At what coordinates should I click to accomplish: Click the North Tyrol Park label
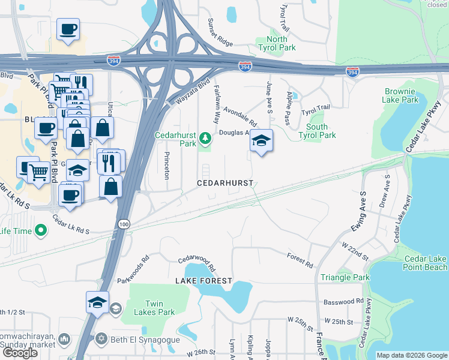pyautogui.click(x=277, y=43)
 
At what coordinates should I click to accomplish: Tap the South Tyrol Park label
pyautogui.click(x=317, y=131)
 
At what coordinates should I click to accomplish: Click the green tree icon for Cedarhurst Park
pyautogui.click(x=206, y=139)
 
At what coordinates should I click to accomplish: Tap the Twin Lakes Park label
pyautogui.click(x=155, y=308)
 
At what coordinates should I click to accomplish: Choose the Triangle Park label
pyautogui.click(x=345, y=277)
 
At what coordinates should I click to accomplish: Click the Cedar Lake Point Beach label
pyautogui.click(x=425, y=263)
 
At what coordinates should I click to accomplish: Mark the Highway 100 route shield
pyautogui.click(x=124, y=224)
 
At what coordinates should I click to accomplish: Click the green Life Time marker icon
pyautogui.click(x=41, y=230)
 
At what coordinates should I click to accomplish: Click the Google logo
pyautogui.click(x=20, y=353)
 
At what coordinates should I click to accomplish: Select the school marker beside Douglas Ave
pyautogui.click(x=261, y=141)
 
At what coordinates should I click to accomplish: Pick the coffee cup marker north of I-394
pyautogui.click(x=68, y=28)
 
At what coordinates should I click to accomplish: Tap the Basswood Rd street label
pyautogui.click(x=343, y=301)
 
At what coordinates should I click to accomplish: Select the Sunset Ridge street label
pyautogui.click(x=220, y=33)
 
